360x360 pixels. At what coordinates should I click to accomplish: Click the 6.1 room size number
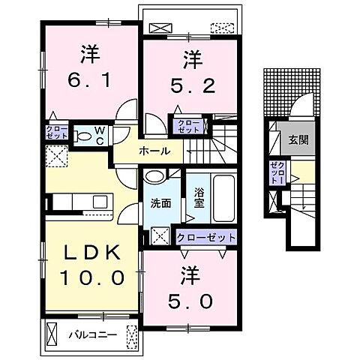tap(89, 79)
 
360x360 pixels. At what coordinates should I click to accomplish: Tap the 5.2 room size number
tap(193, 85)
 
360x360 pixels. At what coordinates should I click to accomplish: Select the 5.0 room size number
tap(190, 301)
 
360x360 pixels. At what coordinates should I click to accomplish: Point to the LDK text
tap(92, 253)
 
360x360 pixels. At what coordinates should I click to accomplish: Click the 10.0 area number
tap(92, 277)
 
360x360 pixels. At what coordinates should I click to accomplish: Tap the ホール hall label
tap(155, 151)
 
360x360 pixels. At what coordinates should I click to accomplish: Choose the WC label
tap(100, 136)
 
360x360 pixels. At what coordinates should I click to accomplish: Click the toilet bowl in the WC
tap(83, 136)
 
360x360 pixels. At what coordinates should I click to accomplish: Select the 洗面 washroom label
tap(160, 203)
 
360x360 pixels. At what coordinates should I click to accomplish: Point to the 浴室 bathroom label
tap(199, 198)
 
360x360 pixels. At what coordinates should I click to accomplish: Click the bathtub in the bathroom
tap(224, 198)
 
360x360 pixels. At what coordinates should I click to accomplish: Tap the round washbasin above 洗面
tap(155, 176)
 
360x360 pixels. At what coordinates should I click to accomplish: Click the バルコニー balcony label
tap(93, 334)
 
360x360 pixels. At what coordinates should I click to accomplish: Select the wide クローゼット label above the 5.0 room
tap(206, 238)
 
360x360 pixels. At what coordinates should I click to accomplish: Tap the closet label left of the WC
tap(57, 133)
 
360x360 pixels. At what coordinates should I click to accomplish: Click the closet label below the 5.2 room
tap(189, 127)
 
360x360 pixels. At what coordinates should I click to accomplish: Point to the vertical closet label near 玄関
tap(277, 173)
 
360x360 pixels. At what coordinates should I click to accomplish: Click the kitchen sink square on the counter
tap(100, 202)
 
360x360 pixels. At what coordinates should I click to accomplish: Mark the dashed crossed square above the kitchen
tap(57, 157)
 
